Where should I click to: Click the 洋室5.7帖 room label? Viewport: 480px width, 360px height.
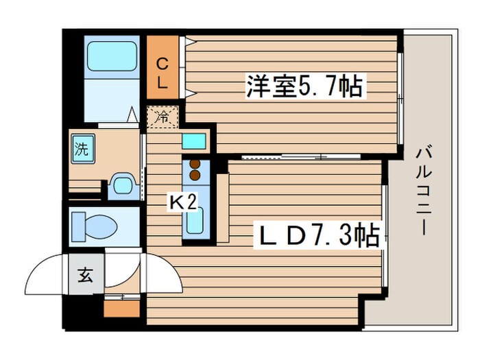tap(304, 88)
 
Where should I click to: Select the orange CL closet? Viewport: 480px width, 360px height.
tap(163, 73)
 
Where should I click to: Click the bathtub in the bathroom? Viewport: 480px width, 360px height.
tap(111, 54)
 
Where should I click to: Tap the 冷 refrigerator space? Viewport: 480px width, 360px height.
tap(162, 117)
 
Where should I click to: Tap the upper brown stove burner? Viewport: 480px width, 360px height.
tap(194, 165)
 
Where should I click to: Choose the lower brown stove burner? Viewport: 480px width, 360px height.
tap(194, 176)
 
